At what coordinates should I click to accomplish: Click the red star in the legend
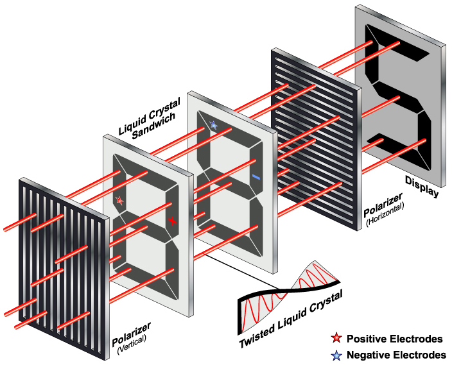335,339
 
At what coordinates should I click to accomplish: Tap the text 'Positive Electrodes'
394,339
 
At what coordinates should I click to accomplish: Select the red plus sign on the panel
172,221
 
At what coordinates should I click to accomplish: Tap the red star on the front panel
119,201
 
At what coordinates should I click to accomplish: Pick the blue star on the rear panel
213,126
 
